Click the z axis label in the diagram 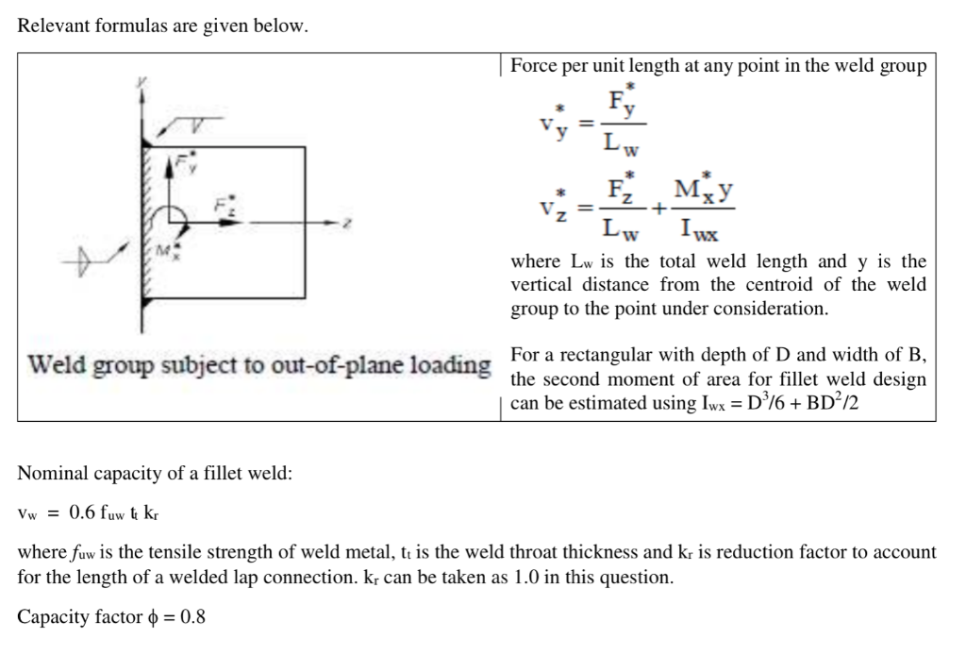348,223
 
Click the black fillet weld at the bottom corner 145,302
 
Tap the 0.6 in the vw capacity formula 84,512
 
